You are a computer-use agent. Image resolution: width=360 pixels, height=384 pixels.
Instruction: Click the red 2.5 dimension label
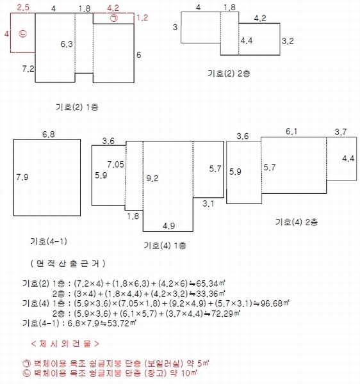pos(23,7)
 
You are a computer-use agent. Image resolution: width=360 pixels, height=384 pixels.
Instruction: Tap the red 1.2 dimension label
pos(142,18)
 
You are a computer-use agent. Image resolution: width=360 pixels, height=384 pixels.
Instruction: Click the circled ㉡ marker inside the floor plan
pos(23,33)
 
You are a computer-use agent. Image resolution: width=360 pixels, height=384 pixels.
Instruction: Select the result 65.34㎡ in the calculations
pos(211,284)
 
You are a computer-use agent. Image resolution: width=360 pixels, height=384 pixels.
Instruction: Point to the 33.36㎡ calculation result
pos(211,293)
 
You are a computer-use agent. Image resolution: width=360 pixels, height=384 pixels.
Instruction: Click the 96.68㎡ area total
pos(275,303)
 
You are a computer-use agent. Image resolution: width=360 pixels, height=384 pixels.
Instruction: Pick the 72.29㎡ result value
pos(225,314)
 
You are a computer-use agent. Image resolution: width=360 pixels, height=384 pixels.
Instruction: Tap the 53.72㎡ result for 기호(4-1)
pos(122,323)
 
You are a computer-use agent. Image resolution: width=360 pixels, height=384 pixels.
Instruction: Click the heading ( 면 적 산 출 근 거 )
pos(68,264)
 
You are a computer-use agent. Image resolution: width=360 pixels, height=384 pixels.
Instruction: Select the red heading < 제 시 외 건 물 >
pos(65,344)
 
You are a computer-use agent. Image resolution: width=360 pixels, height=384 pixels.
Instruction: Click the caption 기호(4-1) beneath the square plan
pos(49,241)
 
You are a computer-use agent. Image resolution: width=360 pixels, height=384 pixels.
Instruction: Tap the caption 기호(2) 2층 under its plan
pos(229,74)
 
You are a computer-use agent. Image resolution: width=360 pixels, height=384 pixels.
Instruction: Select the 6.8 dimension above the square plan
pos(49,134)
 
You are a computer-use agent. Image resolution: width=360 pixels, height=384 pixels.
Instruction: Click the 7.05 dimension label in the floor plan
pos(116,164)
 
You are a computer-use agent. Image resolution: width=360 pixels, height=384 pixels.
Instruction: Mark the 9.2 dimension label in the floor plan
pos(152,179)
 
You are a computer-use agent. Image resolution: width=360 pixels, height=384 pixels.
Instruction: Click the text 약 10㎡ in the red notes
pos(184,373)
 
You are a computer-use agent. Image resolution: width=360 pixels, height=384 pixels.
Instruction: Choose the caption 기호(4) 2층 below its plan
pos(297,222)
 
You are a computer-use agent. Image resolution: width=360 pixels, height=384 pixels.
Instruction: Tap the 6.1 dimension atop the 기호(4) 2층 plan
pos(291,131)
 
